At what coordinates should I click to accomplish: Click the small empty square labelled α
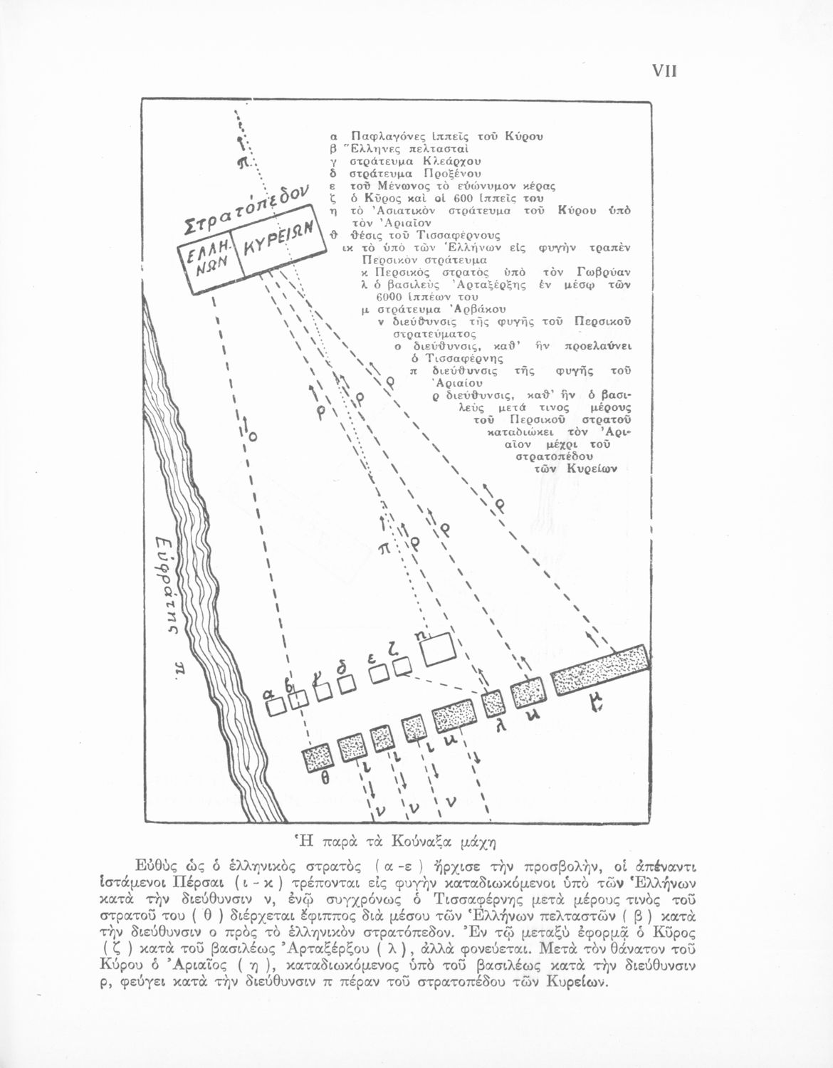click(x=277, y=706)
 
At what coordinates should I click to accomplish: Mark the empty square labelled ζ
click(x=402, y=666)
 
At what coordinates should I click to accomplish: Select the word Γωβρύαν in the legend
click(x=604, y=272)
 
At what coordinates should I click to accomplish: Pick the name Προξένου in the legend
click(x=453, y=173)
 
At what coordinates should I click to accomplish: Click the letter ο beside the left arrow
click(x=253, y=435)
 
